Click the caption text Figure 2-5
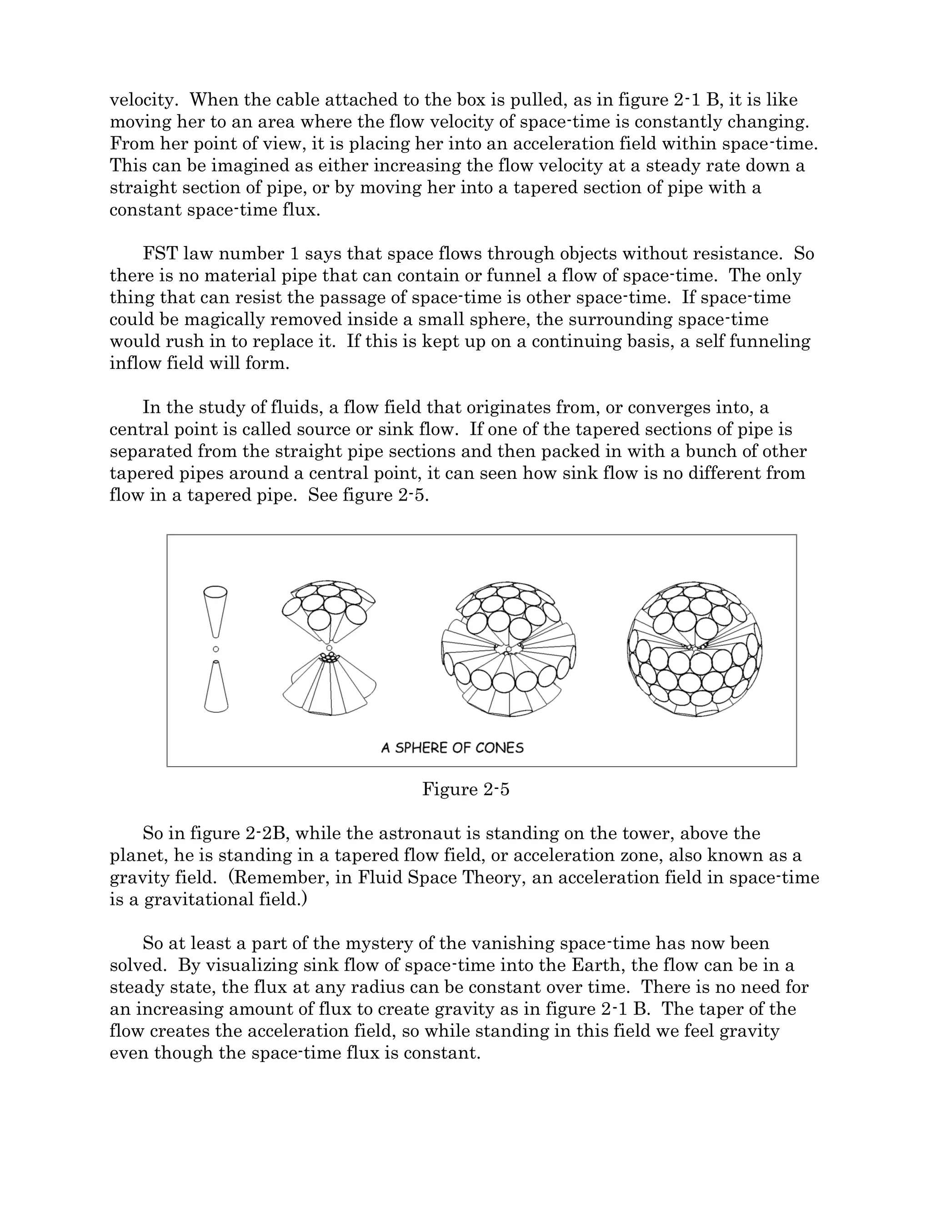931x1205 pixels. point(465,789)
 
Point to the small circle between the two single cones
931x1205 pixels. point(215,649)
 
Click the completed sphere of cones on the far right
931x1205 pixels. point(695,649)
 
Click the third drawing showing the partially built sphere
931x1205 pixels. point(509,649)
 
